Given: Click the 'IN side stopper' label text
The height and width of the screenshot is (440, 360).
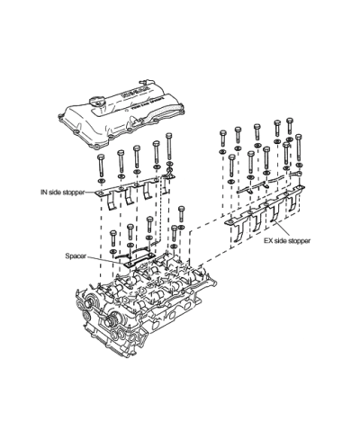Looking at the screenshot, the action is (x=62, y=193).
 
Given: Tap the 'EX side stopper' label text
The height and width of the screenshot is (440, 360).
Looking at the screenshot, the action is (x=287, y=240).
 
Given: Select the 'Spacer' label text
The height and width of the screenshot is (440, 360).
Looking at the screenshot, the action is (x=76, y=256).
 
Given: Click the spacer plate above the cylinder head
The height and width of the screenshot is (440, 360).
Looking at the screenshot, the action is (x=139, y=260).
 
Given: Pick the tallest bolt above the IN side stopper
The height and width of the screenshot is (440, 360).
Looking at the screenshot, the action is (x=169, y=147).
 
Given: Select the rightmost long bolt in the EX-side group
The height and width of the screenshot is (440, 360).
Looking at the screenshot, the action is (x=298, y=148).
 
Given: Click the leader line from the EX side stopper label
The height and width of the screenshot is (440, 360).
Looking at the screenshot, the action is (x=283, y=229).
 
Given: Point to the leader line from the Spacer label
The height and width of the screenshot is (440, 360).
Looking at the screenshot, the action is (x=107, y=260).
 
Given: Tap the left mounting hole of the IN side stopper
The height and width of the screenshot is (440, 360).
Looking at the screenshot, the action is (x=100, y=193).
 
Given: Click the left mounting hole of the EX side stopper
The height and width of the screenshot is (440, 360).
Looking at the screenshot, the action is (x=229, y=222).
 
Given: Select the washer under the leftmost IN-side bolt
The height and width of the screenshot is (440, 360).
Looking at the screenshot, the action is (x=101, y=181).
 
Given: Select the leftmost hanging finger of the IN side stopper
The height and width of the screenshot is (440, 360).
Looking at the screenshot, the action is (x=111, y=203).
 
